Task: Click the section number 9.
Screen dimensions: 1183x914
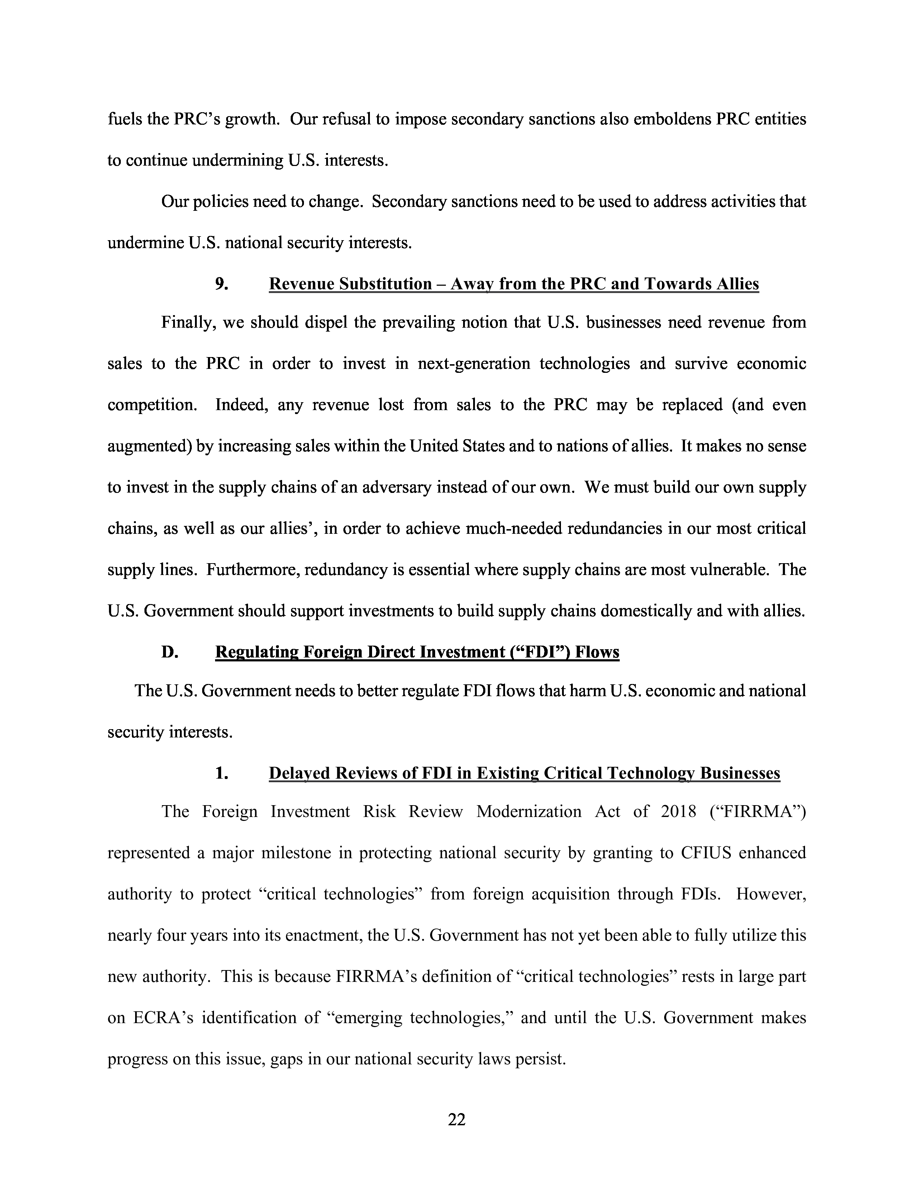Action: [222, 284]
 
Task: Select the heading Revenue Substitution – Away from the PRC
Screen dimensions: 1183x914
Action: [513, 284]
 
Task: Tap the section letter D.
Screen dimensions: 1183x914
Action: [170, 652]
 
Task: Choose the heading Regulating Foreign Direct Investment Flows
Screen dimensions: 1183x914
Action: [417, 652]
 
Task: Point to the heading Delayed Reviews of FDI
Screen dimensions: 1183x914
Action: [524, 773]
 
